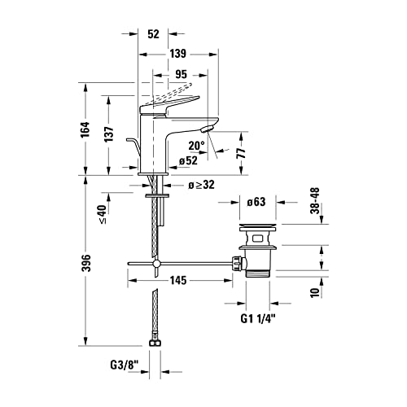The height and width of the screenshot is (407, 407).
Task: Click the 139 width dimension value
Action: (178, 54)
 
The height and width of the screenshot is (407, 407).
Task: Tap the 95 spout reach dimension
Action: (181, 74)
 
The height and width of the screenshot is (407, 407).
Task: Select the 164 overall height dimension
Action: (85, 129)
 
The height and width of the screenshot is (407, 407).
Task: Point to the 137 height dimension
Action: (109, 134)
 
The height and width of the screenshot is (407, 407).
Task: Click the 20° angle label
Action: (196, 146)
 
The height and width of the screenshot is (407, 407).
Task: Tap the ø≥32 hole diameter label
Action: (201, 185)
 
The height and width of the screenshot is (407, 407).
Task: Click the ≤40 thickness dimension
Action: (103, 214)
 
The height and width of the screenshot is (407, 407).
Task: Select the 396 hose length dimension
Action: (86, 263)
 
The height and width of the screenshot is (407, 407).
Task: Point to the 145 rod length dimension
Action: (178, 280)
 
